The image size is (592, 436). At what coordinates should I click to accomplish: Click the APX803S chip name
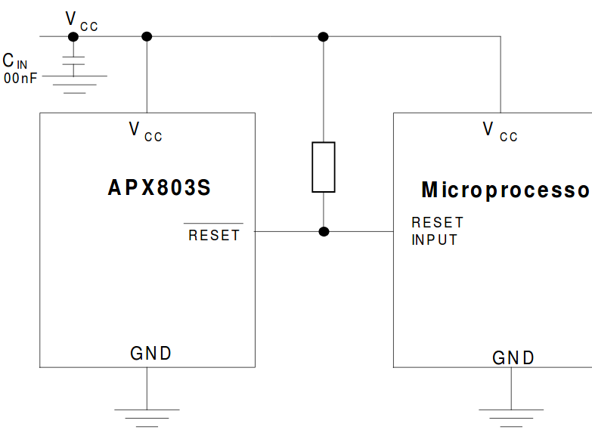(x=160, y=188)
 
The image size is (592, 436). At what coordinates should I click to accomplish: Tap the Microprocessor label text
(x=505, y=190)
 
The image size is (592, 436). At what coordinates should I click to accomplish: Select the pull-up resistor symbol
(x=324, y=166)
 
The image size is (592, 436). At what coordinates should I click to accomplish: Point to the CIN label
(x=15, y=60)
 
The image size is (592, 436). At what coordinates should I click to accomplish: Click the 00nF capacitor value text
(x=20, y=78)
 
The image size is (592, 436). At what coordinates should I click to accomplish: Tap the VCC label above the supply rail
(x=82, y=21)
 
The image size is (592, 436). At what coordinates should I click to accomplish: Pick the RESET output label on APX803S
(x=214, y=235)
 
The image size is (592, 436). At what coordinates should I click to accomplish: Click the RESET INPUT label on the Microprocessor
(x=437, y=231)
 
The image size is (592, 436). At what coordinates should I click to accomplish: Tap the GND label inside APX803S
(x=151, y=353)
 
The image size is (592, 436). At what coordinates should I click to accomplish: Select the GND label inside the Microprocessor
(x=513, y=357)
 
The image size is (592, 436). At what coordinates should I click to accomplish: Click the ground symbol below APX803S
(x=147, y=415)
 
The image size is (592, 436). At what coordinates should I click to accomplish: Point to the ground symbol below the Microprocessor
(x=511, y=415)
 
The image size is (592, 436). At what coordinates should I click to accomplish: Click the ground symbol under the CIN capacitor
(x=73, y=84)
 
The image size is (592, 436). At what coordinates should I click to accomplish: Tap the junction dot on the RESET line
(x=324, y=231)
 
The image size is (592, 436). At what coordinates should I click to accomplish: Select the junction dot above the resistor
(x=324, y=36)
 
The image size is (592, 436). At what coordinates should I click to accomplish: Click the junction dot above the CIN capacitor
(x=73, y=36)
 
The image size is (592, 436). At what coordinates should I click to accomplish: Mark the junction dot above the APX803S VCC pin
(x=147, y=36)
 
